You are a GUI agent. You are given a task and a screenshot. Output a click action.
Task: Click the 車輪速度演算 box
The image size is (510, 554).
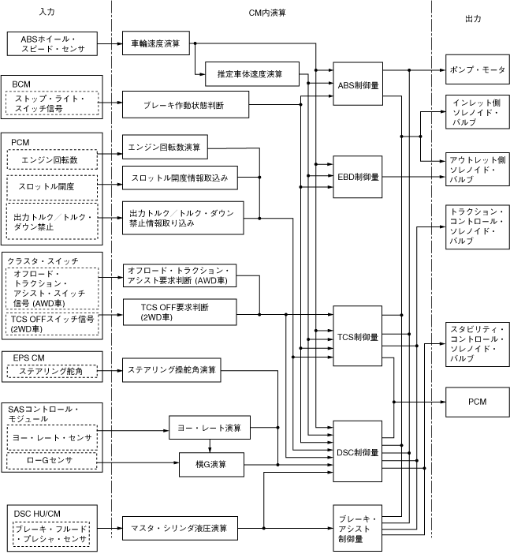tap(156, 43)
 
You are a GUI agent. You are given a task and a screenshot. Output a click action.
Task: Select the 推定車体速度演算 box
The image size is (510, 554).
tap(249, 74)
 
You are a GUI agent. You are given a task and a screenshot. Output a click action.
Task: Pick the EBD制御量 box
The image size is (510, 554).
tap(358, 177)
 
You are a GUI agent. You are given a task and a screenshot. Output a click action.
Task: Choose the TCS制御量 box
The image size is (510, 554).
tap(358, 336)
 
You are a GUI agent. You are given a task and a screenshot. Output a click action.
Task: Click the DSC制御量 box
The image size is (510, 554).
tap(358, 453)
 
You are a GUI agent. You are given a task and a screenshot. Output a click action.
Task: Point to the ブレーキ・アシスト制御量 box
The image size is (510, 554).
tap(358, 528)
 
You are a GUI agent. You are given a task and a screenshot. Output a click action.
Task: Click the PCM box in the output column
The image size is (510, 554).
tap(475, 401)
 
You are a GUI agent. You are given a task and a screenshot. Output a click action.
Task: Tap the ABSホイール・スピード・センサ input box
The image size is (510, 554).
tap(53, 43)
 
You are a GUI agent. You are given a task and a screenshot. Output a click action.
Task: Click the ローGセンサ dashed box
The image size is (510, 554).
tap(51, 459)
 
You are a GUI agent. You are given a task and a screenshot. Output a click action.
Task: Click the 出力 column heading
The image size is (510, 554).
tap(473, 17)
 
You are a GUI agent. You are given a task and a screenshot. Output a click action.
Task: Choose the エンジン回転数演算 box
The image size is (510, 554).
tap(166, 146)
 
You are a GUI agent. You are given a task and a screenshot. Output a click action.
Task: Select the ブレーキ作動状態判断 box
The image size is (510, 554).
tap(185, 104)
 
